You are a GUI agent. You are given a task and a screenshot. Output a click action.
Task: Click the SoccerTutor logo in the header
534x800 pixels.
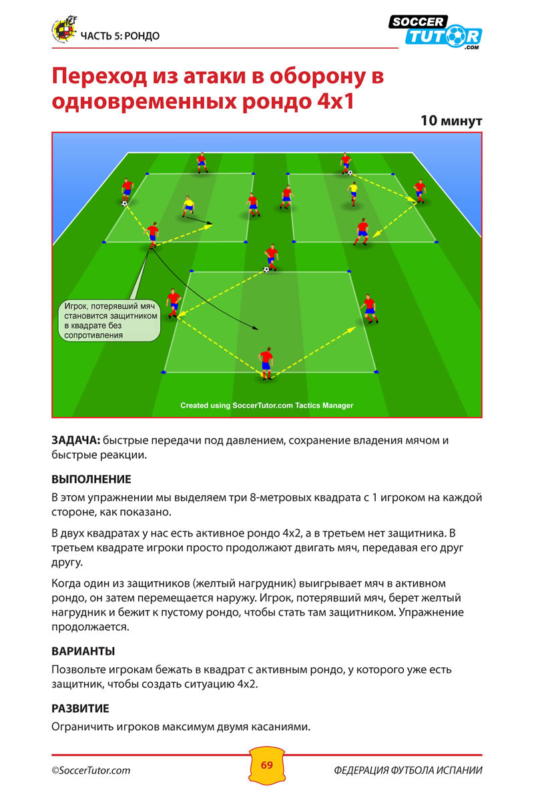(x=435, y=32)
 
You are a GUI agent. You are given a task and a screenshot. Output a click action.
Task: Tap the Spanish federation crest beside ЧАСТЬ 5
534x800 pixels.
(x=65, y=30)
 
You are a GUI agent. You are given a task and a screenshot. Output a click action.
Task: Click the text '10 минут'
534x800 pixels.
(x=451, y=121)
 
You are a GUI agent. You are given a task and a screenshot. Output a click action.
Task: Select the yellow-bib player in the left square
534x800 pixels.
(x=188, y=207)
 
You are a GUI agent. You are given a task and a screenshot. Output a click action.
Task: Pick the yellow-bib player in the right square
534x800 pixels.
(x=353, y=193)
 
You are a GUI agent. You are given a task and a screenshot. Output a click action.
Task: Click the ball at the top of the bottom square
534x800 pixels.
(x=266, y=269)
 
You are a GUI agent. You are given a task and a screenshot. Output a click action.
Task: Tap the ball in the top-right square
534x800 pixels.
(x=350, y=173)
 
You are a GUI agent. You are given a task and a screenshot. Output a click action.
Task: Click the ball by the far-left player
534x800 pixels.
(x=124, y=203)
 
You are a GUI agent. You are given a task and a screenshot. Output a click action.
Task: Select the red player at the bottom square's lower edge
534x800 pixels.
(x=266, y=363)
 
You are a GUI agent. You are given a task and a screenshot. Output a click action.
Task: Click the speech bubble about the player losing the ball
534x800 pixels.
(x=109, y=321)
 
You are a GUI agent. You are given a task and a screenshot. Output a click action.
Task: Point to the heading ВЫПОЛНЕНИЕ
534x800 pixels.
(x=91, y=479)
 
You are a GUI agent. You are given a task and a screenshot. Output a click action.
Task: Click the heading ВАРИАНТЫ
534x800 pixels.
(x=83, y=651)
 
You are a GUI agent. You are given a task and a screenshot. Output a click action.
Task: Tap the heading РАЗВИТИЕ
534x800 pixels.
(x=80, y=709)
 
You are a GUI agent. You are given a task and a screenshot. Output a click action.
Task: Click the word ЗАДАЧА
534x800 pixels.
(x=76, y=441)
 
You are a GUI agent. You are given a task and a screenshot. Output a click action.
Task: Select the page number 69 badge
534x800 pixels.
(x=267, y=765)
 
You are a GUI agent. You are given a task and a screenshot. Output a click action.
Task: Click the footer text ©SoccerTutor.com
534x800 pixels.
(x=91, y=771)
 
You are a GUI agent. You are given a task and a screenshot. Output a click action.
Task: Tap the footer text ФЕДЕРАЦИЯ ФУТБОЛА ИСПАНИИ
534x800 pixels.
(x=408, y=771)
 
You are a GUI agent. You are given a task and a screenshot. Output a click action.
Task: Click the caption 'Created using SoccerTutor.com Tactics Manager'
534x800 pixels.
(x=267, y=405)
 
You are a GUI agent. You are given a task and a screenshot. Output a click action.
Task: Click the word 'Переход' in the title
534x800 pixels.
(x=99, y=76)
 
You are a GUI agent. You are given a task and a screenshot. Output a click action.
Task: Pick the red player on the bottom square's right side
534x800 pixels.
(x=370, y=309)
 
